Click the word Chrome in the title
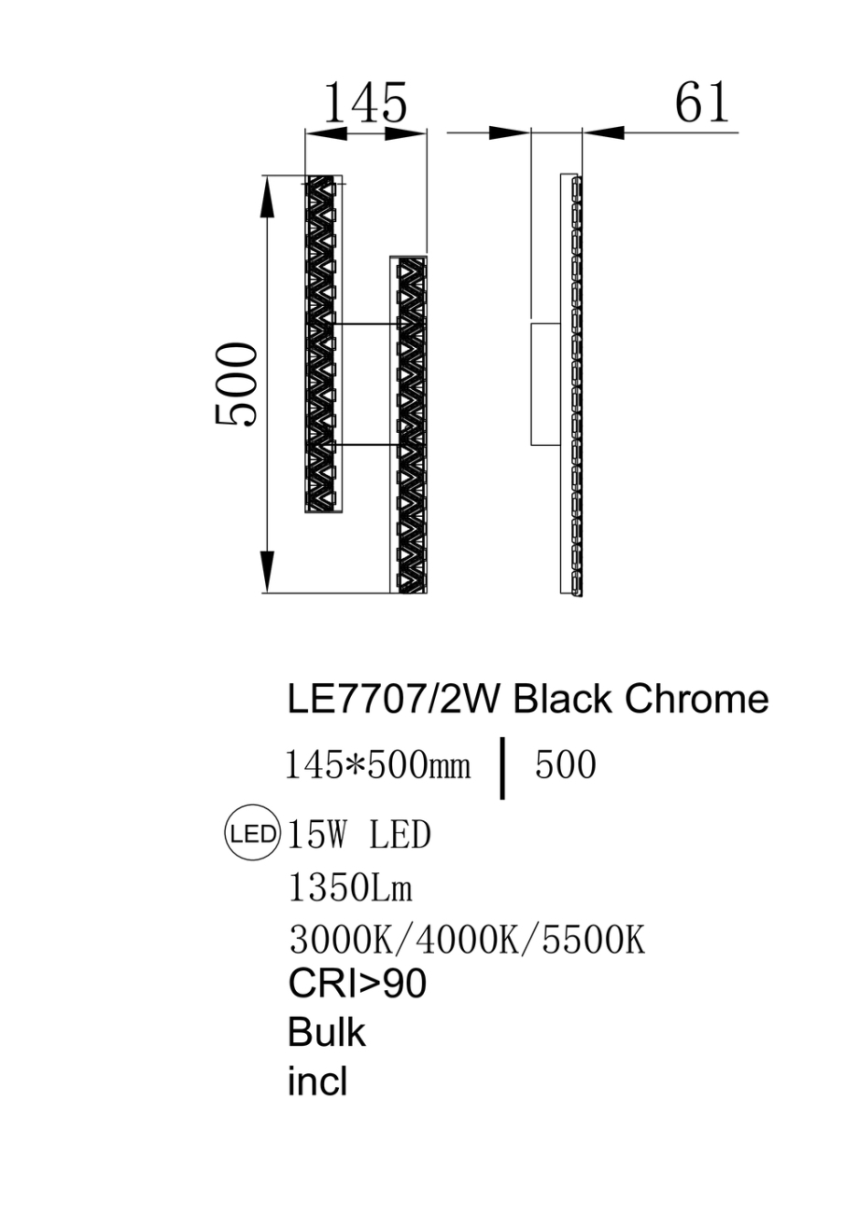(696, 699)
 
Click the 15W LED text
(360, 835)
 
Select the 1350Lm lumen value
(351, 889)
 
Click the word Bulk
(327, 1034)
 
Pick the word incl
(317, 1082)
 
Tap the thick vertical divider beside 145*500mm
(503, 768)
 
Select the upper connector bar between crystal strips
(365, 325)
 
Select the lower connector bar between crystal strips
(365, 445)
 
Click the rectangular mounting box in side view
(545, 384)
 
